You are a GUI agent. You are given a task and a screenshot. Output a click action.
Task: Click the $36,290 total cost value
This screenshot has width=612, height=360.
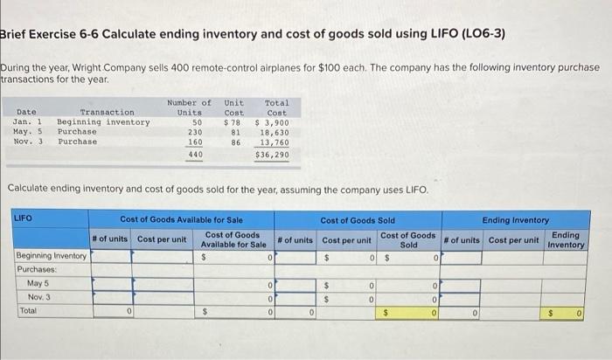(272, 155)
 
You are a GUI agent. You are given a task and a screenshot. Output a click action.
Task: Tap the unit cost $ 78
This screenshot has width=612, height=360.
(233, 122)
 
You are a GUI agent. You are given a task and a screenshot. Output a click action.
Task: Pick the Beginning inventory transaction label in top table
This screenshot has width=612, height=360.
(103, 122)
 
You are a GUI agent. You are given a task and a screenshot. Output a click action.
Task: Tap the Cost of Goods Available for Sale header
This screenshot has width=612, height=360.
(181, 219)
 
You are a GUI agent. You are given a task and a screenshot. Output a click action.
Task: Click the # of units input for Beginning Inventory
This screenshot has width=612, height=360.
(111, 258)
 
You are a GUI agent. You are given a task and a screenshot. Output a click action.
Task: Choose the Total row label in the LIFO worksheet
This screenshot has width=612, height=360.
(28, 310)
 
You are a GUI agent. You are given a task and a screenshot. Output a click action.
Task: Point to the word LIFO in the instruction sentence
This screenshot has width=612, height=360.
(414, 190)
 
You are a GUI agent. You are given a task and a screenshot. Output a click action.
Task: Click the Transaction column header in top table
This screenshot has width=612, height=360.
(107, 113)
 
